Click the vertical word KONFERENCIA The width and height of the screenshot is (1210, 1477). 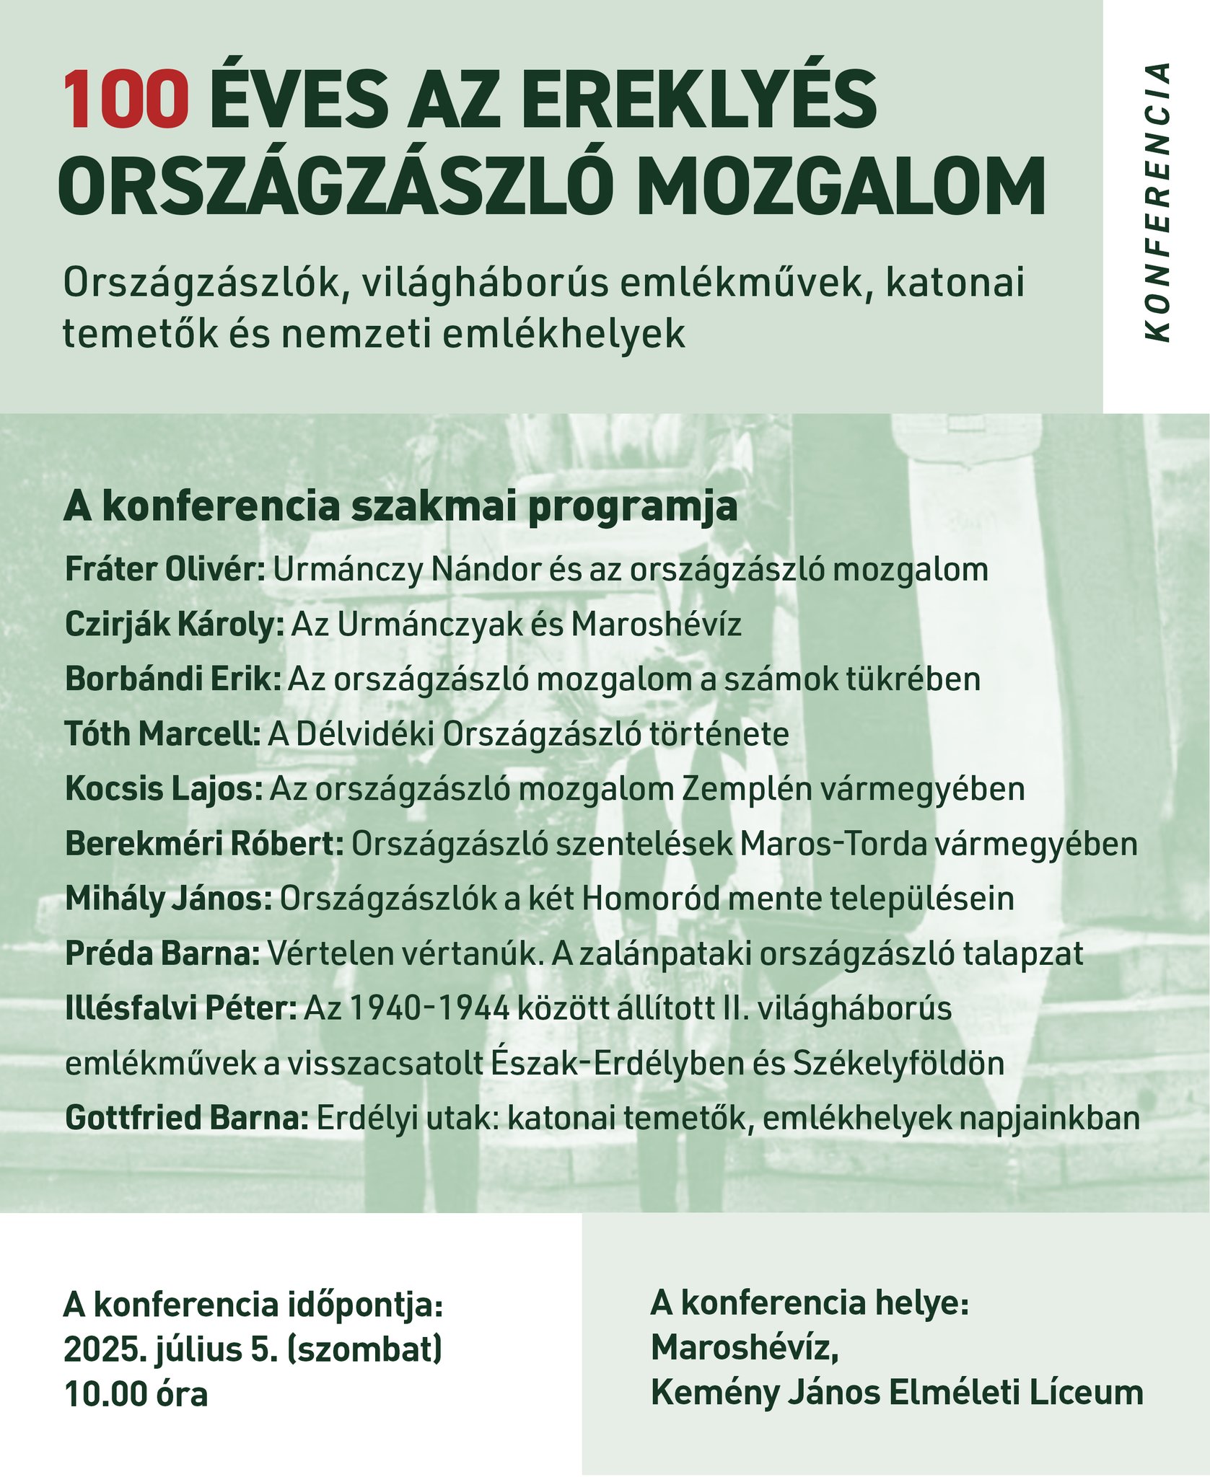click(x=1157, y=203)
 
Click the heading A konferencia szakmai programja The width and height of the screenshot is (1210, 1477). click(x=400, y=507)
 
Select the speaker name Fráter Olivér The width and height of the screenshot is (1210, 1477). click(x=165, y=570)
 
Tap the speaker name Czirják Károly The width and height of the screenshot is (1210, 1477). click(x=175, y=625)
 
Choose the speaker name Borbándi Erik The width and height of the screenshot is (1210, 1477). click(x=172, y=679)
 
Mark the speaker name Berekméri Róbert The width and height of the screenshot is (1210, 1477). click(x=204, y=844)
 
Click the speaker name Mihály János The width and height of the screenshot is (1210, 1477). click(x=169, y=899)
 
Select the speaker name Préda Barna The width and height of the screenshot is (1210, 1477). click(x=162, y=953)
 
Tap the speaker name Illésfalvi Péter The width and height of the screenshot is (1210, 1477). click(x=180, y=1008)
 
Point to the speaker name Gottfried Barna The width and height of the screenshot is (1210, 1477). click(x=187, y=1118)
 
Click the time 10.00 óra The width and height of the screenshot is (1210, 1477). click(x=136, y=1393)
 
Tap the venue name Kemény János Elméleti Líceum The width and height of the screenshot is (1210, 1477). click(x=897, y=1392)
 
